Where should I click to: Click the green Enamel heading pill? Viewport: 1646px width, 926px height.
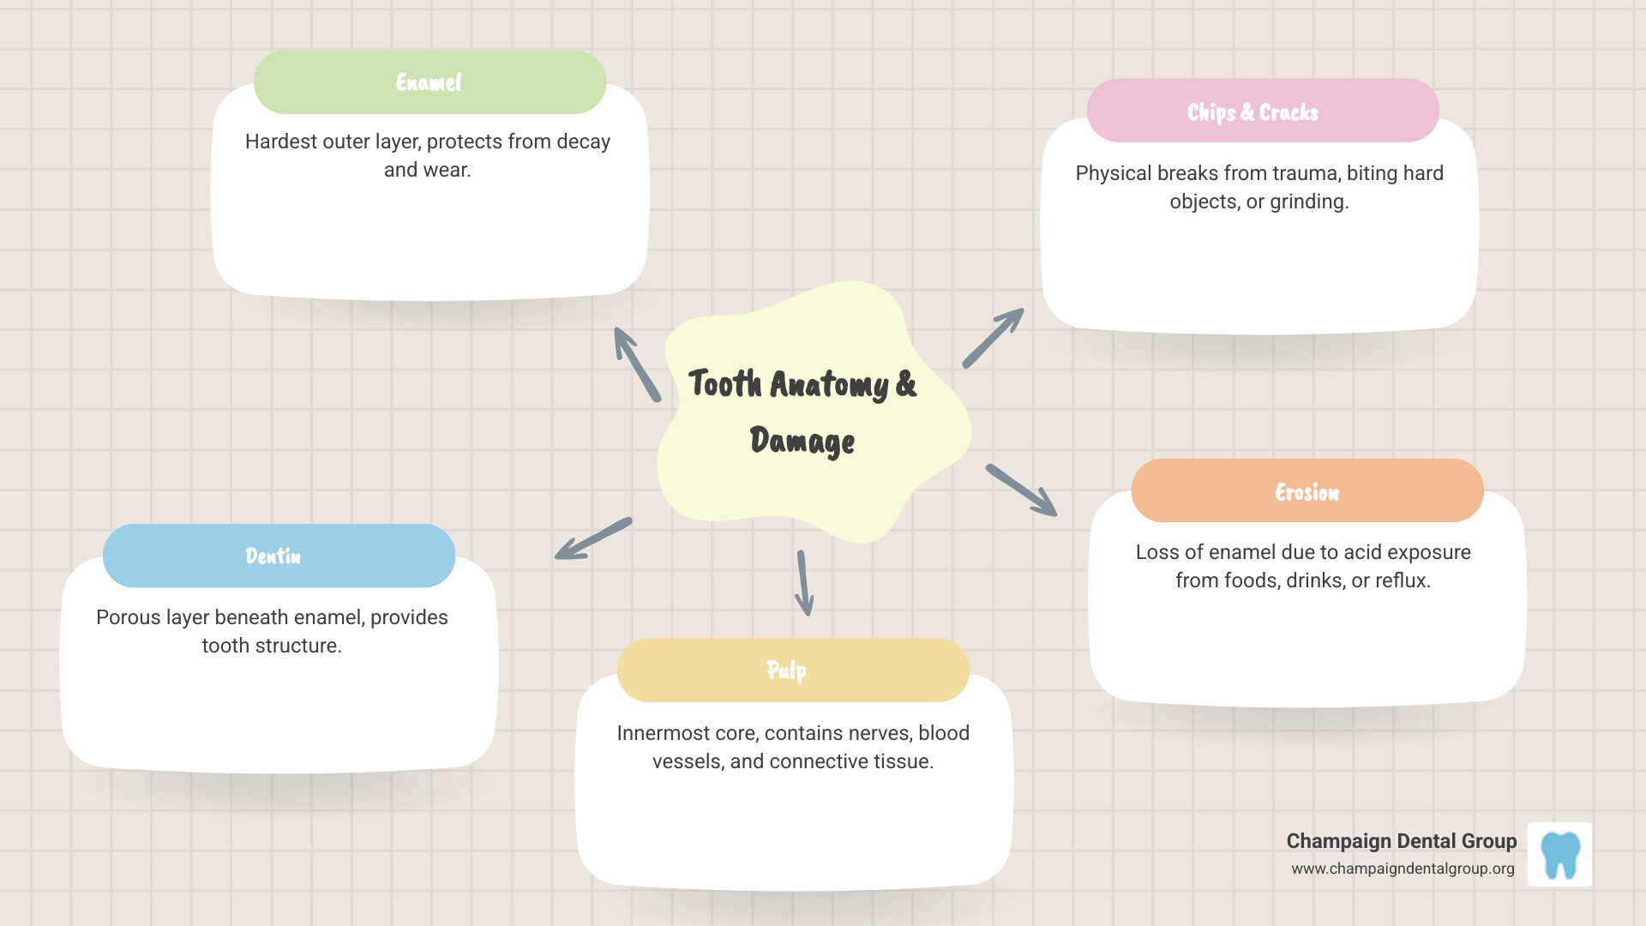(430, 82)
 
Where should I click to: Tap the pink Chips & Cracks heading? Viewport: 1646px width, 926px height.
(1262, 111)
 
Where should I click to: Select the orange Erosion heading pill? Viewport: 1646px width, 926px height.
(1307, 491)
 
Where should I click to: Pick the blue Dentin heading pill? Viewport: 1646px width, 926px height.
(279, 556)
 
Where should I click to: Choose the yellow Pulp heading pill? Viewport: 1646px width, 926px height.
(792, 670)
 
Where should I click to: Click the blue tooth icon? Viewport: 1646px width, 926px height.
(1559, 855)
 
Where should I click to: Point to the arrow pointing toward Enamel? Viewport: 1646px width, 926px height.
(636, 364)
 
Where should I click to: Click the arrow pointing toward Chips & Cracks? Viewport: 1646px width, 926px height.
(993, 338)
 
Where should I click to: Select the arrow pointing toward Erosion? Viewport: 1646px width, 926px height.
(1021, 490)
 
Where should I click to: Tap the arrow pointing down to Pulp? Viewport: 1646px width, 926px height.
(803, 583)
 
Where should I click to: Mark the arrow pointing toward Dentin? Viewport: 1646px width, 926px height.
(593, 538)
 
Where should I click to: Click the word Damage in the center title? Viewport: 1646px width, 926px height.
(802, 442)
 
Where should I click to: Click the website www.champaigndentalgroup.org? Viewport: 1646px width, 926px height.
(1403, 869)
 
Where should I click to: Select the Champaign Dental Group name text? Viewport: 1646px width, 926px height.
(1401, 841)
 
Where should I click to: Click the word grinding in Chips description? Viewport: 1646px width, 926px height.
(1308, 201)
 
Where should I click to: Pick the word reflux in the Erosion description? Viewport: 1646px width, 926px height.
(1403, 580)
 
